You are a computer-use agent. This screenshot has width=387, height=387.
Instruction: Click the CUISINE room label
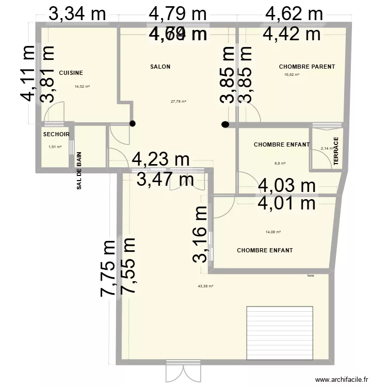[x=71, y=73]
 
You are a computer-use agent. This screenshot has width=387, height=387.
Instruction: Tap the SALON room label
[x=160, y=67]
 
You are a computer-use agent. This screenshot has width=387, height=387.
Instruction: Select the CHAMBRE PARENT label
[x=307, y=67]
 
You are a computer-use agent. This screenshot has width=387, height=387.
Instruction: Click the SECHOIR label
[x=56, y=134]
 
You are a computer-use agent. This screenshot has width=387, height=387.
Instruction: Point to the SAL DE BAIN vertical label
[x=79, y=170]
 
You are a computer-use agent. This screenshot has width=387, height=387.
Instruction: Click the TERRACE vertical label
[x=336, y=151]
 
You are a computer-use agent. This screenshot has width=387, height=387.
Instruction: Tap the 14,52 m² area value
[x=82, y=87]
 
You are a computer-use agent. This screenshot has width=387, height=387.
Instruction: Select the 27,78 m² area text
[x=178, y=101]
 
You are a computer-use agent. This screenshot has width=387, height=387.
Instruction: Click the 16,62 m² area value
[x=292, y=75]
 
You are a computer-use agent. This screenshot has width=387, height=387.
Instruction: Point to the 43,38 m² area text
[x=205, y=286]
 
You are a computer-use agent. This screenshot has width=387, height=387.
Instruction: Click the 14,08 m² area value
[x=273, y=232]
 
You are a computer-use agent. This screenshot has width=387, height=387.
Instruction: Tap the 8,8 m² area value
[x=280, y=163]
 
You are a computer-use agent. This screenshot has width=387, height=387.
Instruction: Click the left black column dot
[x=133, y=124]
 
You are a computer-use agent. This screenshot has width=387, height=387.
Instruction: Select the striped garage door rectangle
[x=280, y=333]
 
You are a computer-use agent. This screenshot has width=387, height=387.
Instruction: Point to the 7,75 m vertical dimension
[x=107, y=268]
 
